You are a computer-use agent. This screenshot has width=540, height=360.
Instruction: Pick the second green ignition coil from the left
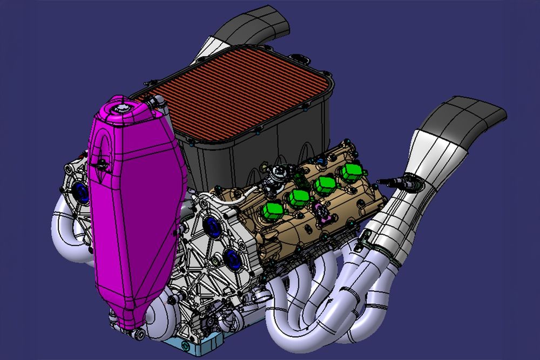coord(298,198)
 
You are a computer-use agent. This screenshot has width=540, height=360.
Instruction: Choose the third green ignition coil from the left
coord(325,185)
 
